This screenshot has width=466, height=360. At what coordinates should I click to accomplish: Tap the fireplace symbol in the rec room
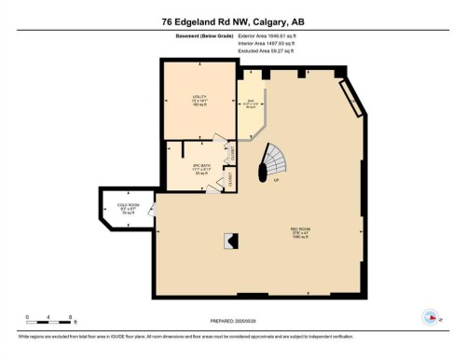tap(229, 240)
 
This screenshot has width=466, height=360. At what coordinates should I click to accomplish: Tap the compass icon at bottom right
tap(431, 316)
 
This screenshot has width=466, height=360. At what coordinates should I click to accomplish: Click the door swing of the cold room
tap(151, 222)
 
